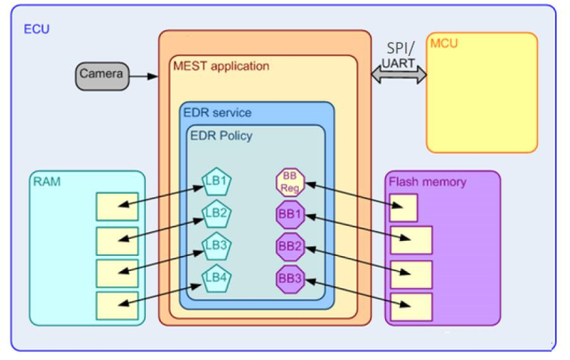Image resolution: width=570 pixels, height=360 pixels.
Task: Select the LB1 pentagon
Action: (x=217, y=183)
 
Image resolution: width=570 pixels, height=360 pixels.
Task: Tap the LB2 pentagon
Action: (x=217, y=214)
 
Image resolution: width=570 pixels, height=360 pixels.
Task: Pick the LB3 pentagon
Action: (x=217, y=245)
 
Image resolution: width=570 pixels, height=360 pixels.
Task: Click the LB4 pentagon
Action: (x=217, y=277)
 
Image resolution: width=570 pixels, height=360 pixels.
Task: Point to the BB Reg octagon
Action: (x=290, y=183)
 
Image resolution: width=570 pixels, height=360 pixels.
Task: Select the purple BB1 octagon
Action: (x=291, y=214)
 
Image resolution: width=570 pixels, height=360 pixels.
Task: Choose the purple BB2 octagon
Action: (x=291, y=246)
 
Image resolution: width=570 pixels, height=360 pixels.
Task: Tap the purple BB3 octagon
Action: (x=291, y=278)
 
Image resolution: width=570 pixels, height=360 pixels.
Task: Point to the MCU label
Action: (x=444, y=44)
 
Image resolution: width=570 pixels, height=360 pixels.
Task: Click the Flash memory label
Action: (x=428, y=182)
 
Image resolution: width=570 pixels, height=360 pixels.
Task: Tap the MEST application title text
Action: (x=221, y=67)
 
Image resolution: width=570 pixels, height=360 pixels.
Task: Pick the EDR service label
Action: (x=217, y=113)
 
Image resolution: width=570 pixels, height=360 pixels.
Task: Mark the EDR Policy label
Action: (x=221, y=134)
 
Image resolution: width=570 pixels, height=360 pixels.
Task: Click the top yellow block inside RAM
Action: (x=116, y=207)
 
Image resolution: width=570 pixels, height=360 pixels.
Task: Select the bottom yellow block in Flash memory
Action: (x=411, y=307)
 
